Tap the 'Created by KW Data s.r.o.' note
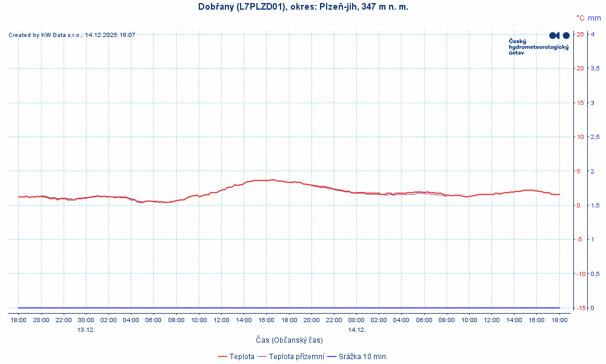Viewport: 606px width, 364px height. tap(72, 35)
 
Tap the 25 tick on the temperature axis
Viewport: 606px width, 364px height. tap(580, 34)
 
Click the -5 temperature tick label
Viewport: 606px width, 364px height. tap(580, 240)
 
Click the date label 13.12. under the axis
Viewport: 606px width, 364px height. tap(86, 330)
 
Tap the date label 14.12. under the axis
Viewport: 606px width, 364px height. tap(356, 330)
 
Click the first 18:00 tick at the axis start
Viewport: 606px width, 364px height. tap(19, 320)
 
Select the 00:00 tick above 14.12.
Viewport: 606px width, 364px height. tap(356, 320)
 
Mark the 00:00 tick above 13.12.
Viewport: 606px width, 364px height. tap(86, 320)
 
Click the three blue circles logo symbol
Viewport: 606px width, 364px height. tap(559, 36)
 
